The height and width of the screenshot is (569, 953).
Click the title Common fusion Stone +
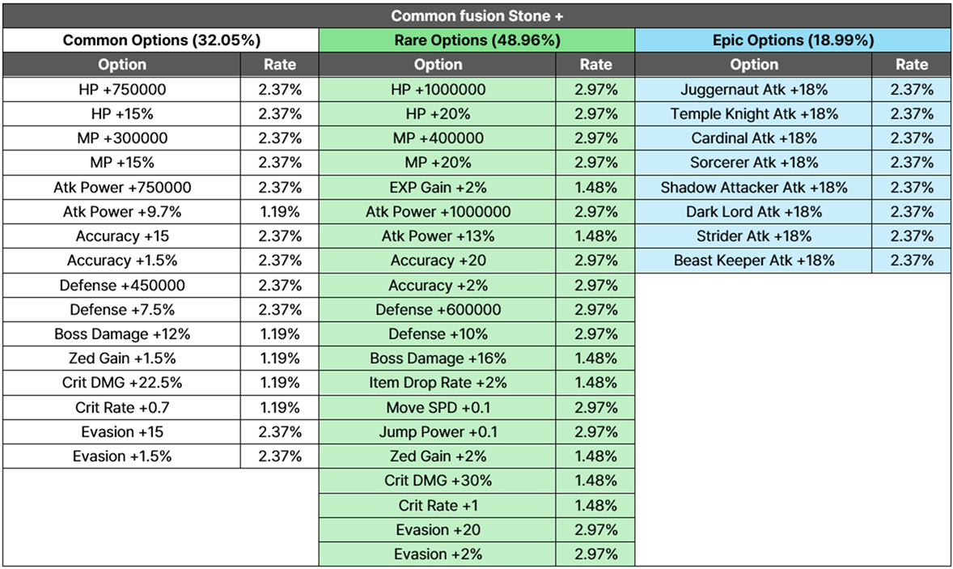coord(476,16)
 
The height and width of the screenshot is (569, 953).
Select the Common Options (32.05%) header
coord(162,40)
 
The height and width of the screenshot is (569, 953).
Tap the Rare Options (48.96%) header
coord(477,40)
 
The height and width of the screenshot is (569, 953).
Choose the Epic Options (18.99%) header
coord(793,40)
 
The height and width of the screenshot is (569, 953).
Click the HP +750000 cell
coord(122,89)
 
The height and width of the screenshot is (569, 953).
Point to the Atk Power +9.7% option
coord(122,211)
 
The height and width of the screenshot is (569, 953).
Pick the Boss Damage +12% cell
coord(122,333)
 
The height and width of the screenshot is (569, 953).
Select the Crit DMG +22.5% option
coord(122,382)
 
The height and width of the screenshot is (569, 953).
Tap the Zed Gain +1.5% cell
coord(122,358)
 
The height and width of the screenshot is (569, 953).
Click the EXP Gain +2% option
coord(438,187)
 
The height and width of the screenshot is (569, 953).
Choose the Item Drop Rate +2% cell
coord(438,382)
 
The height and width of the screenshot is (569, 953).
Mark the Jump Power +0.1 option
coord(438,431)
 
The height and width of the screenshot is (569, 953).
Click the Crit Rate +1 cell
coord(438,505)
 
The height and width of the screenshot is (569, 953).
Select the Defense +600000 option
coord(438,309)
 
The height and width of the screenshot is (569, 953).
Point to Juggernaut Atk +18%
coord(754,89)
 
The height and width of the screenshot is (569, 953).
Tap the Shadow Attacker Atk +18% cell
coord(754,187)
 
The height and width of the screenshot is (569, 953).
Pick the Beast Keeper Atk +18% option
coord(754,260)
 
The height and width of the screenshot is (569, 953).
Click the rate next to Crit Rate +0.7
coord(280,407)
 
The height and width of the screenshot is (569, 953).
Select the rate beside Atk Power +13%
coord(596,236)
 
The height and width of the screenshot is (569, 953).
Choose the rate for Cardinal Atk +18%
coord(913,138)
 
